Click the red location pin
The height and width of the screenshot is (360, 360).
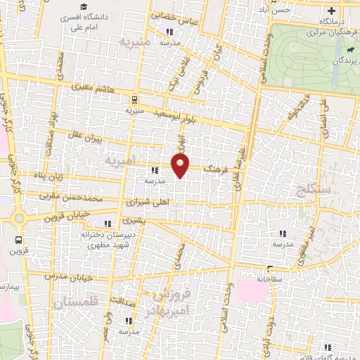tap(181, 166)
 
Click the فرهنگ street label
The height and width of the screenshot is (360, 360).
tap(214, 170)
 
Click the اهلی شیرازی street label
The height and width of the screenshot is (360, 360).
tap(152, 201)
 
